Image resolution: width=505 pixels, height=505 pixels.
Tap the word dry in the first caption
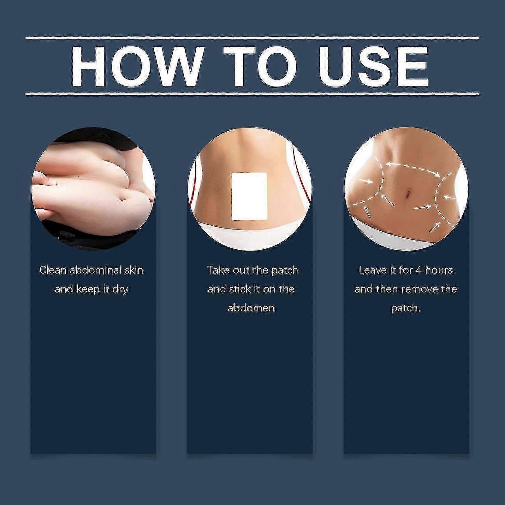120,289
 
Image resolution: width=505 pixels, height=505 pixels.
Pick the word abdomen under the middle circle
251,308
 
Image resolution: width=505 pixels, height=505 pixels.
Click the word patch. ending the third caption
406,308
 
